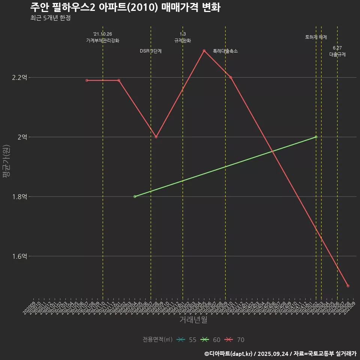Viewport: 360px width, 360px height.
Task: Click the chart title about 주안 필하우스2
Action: click(125, 7)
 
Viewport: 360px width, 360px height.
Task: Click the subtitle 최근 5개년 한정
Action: click(50, 18)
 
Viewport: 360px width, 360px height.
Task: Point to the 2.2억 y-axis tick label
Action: click(19, 78)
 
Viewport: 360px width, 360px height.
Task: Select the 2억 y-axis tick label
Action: click(22, 137)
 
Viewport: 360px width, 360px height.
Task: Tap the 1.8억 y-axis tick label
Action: click(19, 196)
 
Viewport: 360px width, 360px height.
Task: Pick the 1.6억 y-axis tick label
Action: click(19, 256)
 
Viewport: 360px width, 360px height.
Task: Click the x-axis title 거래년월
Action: click(193, 320)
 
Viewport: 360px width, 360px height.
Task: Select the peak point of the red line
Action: click(204, 51)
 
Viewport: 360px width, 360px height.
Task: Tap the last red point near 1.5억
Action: click(348, 286)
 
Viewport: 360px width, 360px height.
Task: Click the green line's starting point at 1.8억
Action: click(135, 196)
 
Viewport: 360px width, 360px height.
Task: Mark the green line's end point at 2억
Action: click(316, 137)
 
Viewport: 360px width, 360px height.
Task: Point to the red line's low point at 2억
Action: click(156, 137)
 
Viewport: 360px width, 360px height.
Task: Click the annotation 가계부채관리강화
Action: click(103, 40)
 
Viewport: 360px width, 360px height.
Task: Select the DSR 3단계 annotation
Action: click(151, 51)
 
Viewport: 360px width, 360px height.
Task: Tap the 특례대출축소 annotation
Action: click(225, 51)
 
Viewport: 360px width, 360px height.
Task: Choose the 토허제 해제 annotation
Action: click(316, 37)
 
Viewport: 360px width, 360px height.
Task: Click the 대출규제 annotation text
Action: click(337, 54)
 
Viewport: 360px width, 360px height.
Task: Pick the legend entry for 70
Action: click(235, 340)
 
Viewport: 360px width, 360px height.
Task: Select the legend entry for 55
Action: click(186, 340)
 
